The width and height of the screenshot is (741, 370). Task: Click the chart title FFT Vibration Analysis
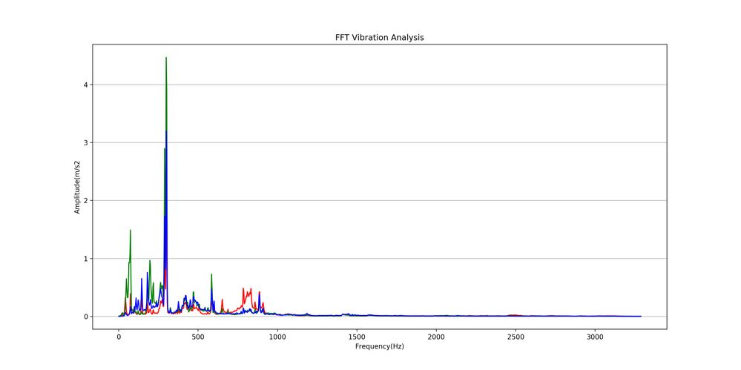[x=379, y=37]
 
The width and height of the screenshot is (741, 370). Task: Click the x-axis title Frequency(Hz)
[x=379, y=346]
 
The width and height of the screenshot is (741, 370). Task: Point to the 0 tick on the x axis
[x=119, y=337]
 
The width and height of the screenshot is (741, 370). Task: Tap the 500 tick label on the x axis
[x=198, y=337]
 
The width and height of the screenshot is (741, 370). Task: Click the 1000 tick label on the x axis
[x=277, y=337]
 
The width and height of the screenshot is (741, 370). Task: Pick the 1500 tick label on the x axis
[x=357, y=337]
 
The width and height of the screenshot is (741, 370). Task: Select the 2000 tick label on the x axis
[x=436, y=337]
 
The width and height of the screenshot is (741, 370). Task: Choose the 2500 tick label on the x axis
[x=516, y=337]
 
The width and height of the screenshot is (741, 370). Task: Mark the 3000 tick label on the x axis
[x=595, y=337]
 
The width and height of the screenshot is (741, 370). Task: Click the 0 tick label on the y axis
[x=87, y=317]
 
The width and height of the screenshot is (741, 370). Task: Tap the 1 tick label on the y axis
[x=87, y=259]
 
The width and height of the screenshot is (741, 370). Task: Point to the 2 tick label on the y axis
[x=87, y=201]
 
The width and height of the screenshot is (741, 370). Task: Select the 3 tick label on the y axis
[x=87, y=142]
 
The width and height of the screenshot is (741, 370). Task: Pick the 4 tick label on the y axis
[x=87, y=85]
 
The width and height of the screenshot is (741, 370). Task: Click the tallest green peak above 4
[x=166, y=59]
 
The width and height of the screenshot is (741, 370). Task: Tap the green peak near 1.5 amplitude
[x=131, y=231]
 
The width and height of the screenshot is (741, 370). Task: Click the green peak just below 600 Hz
[x=211, y=275]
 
